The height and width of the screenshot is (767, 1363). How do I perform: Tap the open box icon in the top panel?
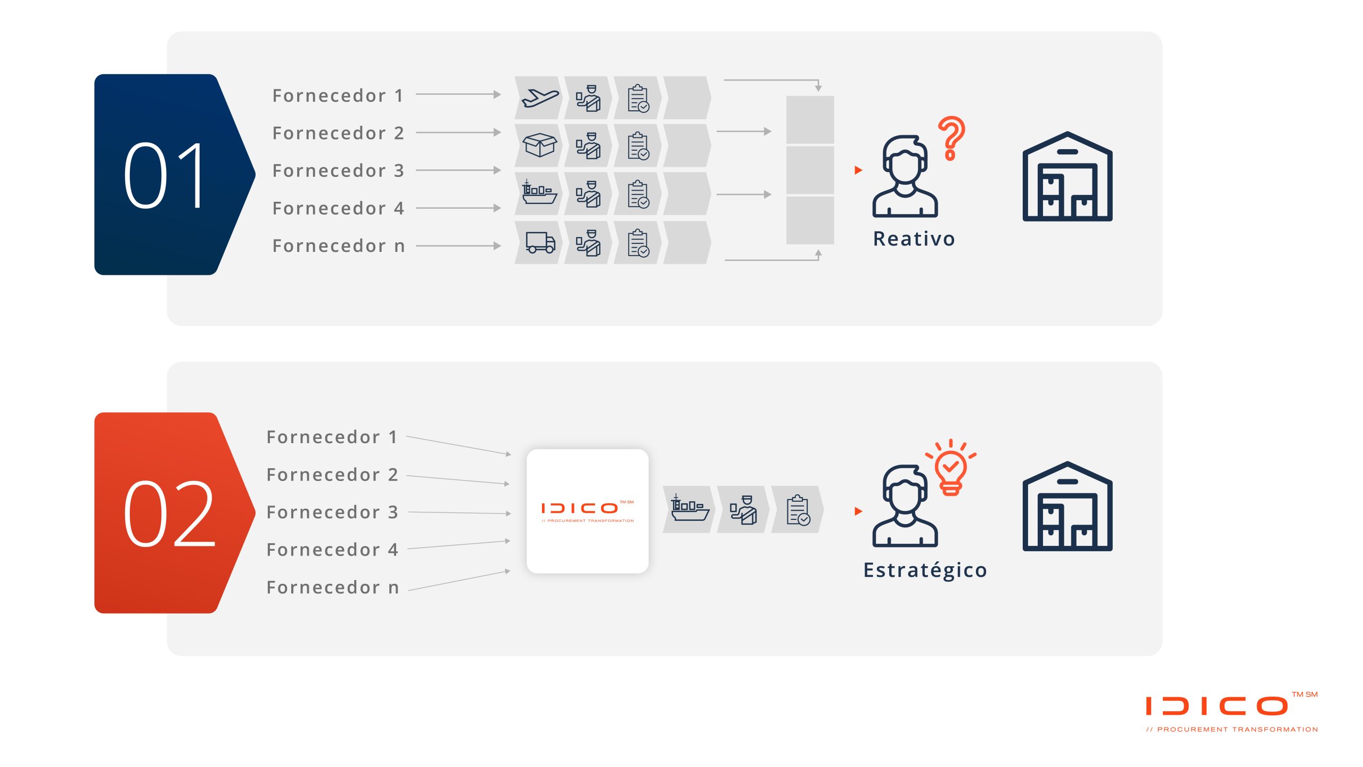coord(539,145)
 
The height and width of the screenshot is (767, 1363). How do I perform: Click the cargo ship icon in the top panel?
coord(539,192)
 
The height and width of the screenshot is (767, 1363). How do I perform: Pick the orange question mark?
coord(951,138)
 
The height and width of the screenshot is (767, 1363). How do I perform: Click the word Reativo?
coord(914,239)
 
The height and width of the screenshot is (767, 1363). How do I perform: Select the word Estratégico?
coord(925,570)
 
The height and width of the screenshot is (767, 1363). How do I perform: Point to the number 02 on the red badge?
coord(169,513)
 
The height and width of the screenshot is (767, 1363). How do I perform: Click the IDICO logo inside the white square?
coord(587,511)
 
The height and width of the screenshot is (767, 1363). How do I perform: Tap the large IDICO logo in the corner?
coord(1232,712)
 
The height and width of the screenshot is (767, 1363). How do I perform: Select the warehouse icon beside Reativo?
coord(1068,176)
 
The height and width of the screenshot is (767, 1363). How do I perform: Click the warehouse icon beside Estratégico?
coord(1068,506)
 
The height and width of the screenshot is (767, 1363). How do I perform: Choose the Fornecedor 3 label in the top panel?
coord(339,170)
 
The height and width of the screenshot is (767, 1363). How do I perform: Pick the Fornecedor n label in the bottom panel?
coord(333,587)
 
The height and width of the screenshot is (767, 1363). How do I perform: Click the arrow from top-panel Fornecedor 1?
coord(458,94)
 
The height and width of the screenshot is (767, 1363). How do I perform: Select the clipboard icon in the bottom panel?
coord(798,510)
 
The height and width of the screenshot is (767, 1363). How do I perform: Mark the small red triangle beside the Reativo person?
coord(858,170)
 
